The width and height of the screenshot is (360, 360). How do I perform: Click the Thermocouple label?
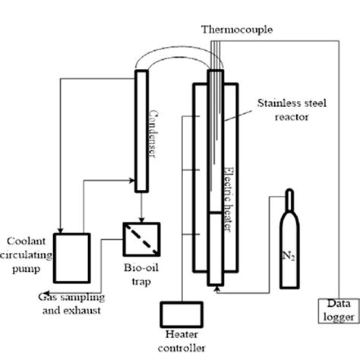[237, 30]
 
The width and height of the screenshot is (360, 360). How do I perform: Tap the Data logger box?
[339, 311]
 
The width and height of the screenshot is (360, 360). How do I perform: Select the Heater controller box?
[182, 314]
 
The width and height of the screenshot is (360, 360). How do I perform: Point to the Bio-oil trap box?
[141, 239]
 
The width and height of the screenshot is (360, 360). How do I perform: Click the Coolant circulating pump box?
[72, 258]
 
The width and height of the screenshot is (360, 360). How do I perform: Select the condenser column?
[141, 131]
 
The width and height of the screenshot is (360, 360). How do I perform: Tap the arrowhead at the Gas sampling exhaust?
[46, 292]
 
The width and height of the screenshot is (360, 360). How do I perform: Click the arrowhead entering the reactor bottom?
[216, 289]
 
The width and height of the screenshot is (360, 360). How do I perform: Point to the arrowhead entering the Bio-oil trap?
[141, 219]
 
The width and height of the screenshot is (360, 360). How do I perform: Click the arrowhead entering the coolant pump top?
[60, 230]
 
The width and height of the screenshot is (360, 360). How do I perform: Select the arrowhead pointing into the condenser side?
[131, 181]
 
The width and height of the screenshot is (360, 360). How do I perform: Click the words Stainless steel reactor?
[292, 110]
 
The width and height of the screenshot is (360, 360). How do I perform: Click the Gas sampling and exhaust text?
[71, 304]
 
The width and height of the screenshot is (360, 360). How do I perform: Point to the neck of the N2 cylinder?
[289, 200]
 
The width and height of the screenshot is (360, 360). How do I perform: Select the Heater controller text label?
[182, 341]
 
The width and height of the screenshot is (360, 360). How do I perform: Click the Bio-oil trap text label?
[141, 274]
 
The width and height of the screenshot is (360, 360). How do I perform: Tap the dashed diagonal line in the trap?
[141, 239]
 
